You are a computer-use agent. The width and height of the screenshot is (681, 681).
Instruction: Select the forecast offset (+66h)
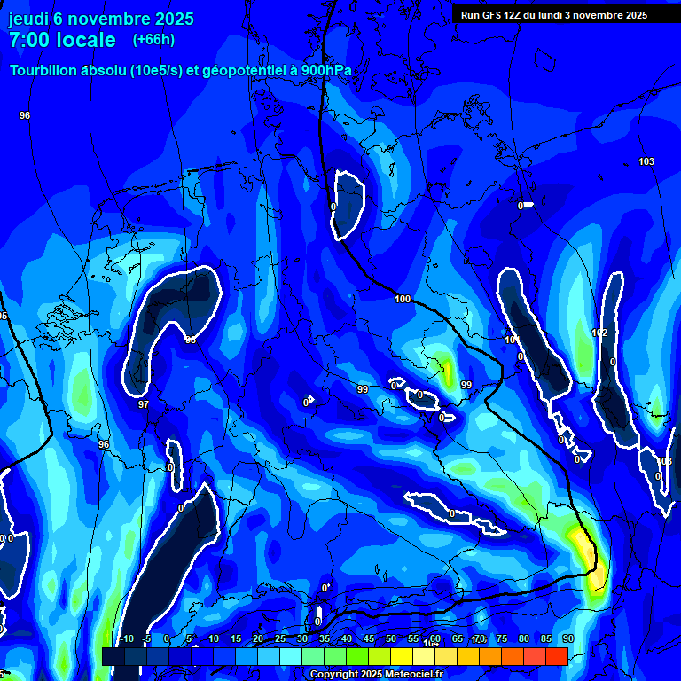point(153,40)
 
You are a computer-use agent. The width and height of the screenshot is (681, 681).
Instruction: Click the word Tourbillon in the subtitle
point(48,71)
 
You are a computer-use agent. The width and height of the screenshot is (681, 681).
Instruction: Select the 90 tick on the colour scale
point(567,639)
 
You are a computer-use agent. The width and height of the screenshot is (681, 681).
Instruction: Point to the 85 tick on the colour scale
point(545,639)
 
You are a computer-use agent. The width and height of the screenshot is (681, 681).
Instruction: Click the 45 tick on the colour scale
point(369,639)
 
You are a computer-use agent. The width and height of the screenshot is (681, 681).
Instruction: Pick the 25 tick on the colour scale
point(280,639)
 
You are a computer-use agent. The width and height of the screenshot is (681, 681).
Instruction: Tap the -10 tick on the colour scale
point(125,639)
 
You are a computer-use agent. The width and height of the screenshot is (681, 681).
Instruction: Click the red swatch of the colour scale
point(556,656)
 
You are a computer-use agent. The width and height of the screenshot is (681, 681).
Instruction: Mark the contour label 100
point(403,300)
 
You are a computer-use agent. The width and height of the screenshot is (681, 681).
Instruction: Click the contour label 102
point(599,333)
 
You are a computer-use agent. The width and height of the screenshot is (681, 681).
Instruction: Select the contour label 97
point(144,404)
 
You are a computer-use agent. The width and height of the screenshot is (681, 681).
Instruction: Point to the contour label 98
point(190,340)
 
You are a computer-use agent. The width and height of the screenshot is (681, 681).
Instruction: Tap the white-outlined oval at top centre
point(348,204)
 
